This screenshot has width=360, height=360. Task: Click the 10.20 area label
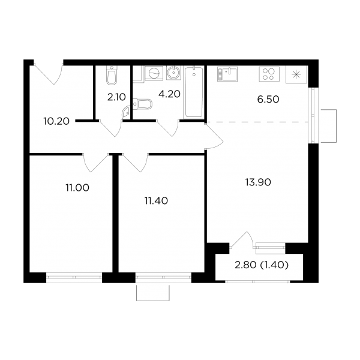[56, 121]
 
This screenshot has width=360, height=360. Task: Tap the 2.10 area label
[116, 97]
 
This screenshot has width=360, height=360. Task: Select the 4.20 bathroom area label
[170, 94]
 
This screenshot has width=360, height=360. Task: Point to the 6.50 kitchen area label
[268, 100]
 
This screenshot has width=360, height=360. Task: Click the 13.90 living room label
[258, 182]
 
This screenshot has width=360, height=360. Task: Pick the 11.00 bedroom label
[77, 188]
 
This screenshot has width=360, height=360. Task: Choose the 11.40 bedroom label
[156, 201]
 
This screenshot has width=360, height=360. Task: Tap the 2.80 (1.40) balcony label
[262, 265]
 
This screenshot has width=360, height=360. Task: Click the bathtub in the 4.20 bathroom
[194, 92]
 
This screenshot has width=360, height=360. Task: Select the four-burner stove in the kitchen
[269, 74]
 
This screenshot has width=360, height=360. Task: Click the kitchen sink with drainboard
[227, 74]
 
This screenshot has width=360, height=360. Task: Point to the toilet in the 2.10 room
[112, 75]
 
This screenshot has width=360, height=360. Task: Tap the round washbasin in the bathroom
[174, 73]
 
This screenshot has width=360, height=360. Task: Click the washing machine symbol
[154, 73]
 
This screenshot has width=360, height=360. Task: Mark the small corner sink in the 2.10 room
[127, 112]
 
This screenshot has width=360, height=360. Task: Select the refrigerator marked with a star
[296, 74]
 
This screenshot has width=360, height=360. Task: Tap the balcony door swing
[242, 240]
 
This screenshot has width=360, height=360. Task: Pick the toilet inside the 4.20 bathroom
[143, 104]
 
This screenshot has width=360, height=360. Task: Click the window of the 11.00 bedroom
[74, 278]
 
